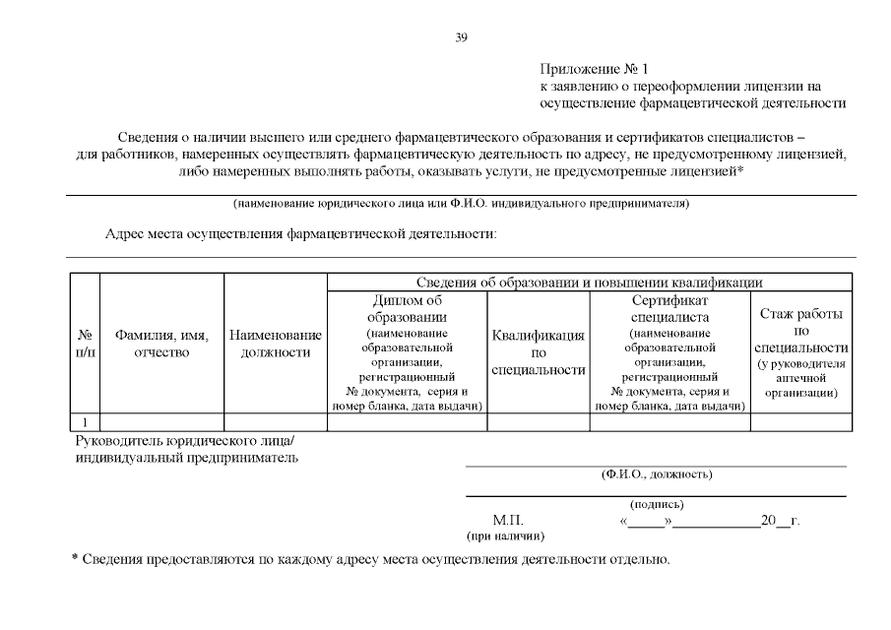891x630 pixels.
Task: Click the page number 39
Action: click(x=461, y=37)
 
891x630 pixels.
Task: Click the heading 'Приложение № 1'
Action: click(x=595, y=69)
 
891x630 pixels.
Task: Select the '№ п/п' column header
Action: click(x=86, y=344)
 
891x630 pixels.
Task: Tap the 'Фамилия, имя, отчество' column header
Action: click(x=161, y=344)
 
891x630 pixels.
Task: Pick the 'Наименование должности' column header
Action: click(x=276, y=344)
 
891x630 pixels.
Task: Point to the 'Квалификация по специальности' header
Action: click(x=539, y=352)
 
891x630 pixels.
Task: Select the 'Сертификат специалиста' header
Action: click(x=669, y=308)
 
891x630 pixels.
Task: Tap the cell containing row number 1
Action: click(x=86, y=422)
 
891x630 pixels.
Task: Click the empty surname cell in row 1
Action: click(x=161, y=422)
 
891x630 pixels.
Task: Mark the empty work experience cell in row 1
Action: click(x=800, y=422)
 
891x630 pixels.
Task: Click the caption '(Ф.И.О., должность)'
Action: click(x=656, y=474)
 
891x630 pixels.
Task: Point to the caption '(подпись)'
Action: click(x=656, y=505)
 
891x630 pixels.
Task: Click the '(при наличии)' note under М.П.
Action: click(x=505, y=535)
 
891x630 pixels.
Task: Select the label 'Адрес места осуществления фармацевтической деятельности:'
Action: click(x=301, y=234)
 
